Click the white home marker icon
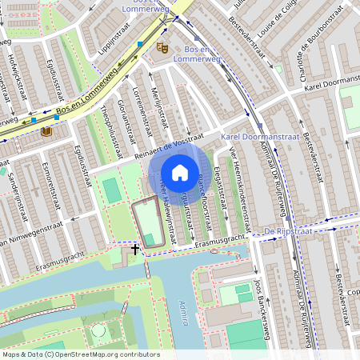[180, 173]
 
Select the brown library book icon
[46, 130]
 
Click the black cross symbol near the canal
[135, 249]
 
